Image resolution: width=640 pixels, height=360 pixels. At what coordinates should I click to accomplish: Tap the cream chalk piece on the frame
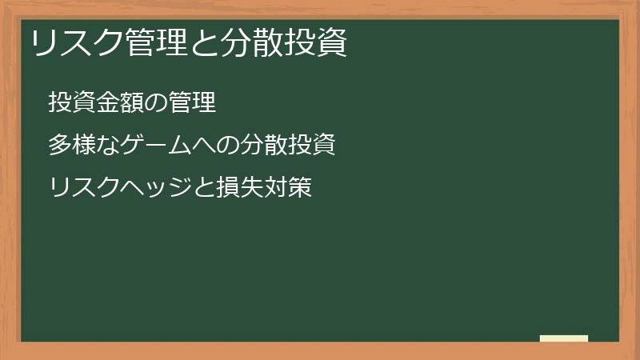tap(564, 338)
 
